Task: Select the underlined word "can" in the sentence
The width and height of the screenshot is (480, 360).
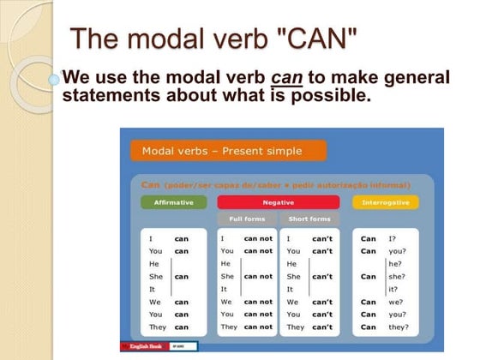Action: pyautogui.click(x=287, y=78)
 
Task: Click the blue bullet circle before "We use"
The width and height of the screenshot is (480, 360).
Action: pyautogui.click(x=54, y=79)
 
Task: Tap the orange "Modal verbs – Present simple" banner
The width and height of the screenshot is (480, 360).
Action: pyautogui.click(x=228, y=151)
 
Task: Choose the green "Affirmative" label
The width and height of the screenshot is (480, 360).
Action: pyautogui.click(x=174, y=202)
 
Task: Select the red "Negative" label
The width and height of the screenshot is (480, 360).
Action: pyautogui.click(x=278, y=202)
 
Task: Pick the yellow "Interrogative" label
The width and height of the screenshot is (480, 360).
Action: pyautogui.click(x=385, y=202)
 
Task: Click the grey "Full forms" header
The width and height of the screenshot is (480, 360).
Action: pyautogui.click(x=247, y=219)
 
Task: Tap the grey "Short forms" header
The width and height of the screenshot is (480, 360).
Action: pyautogui.click(x=309, y=219)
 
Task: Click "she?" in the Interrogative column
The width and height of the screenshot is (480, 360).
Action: pyautogui.click(x=395, y=277)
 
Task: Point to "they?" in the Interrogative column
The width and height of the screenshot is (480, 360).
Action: pyautogui.click(x=398, y=327)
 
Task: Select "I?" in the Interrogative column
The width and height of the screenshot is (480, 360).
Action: pyautogui.click(x=392, y=238)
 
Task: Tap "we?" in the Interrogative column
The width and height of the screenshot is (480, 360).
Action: pyautogui.click(x=395, y=302)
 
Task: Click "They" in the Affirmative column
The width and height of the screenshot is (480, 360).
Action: pyautogui.click(x=157, y=327)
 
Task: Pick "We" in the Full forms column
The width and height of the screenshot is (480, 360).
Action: pyautogui.click(x=226, y=302)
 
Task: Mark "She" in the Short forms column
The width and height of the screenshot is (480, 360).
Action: pyautogui.click(x=293, y=277)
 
